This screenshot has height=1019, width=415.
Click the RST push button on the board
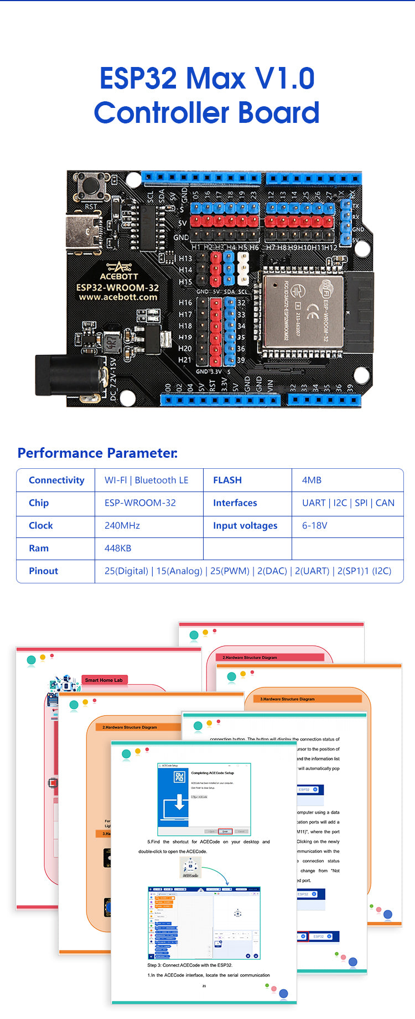[x=90, y=185]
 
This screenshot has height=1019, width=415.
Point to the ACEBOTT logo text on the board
[x=118, y=276]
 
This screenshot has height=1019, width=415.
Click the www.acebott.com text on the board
[x=118, y=297]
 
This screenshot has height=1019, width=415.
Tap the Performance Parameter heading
[x=97, y=453]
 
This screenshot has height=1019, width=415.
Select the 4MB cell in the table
[x=312, y=480]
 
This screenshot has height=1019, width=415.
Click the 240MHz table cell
[x=122, y=525]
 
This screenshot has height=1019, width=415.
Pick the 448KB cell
[x=118, y=548]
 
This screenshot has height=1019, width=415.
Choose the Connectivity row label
[x=56, y=480]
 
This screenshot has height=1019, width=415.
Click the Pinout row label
[x=43, y=571]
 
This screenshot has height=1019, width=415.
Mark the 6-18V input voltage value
[x=314, y=525]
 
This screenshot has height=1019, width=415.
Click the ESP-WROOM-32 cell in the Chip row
[x=140, y=503]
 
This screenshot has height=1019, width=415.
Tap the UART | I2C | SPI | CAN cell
[x=348, y=503]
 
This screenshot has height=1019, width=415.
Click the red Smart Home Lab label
[x=104, y=680]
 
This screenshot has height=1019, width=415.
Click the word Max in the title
[x=216, y=78]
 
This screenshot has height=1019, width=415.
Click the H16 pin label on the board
[x=185, y=303]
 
